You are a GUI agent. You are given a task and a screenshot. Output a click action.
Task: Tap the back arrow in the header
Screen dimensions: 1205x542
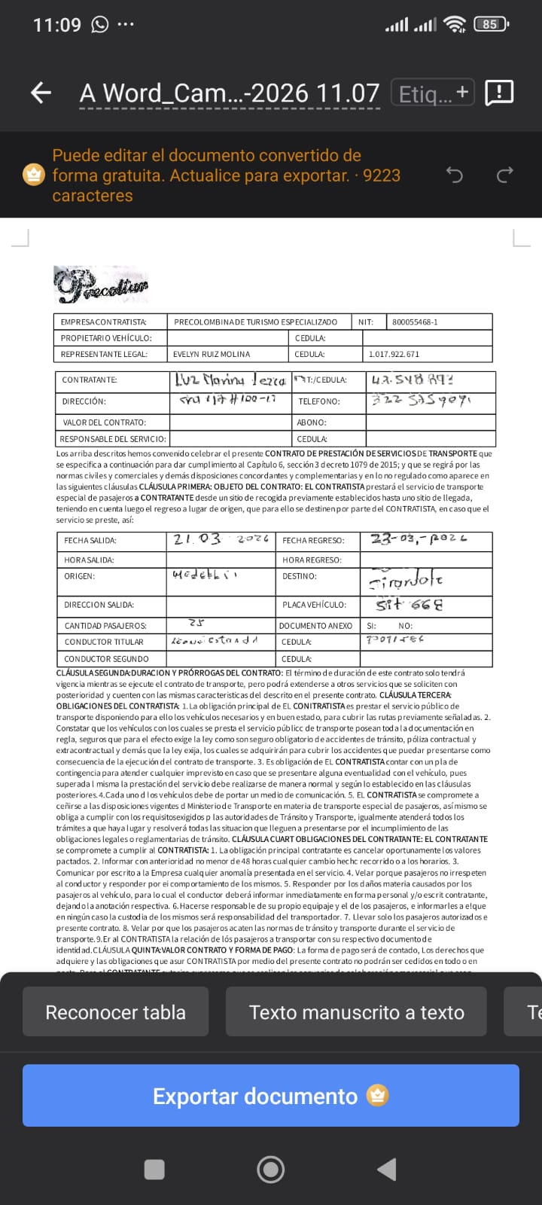[x=41, y=93]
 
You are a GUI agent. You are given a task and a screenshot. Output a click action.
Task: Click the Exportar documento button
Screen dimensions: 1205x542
[x=271, y=1096]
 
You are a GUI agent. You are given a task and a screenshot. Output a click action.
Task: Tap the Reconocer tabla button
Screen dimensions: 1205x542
[x=115, y=1012]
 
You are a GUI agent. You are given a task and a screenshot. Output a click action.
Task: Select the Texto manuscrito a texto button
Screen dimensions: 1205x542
[x=356, y=1012]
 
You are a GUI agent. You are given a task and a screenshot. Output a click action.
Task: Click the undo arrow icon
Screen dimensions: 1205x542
[x=455, y=175]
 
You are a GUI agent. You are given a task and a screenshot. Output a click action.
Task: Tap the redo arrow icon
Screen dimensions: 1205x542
[x=504, y=175]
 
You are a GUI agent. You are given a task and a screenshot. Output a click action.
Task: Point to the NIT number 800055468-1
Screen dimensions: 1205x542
[x=415, y=322]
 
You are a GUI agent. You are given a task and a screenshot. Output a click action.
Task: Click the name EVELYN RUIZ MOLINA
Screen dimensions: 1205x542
[x=212, y=354]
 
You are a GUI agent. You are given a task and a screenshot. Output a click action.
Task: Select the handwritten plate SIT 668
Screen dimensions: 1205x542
[x=410, y=604]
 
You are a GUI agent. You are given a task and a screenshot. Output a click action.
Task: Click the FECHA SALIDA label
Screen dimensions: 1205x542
[x=90, y=541]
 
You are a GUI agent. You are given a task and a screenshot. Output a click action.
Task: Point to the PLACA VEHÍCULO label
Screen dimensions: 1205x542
[x=315, y=605]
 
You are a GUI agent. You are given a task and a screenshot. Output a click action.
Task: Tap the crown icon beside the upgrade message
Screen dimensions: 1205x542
[x=33, y=175]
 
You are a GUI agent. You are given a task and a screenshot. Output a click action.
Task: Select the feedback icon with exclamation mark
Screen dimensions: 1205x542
[x=500, y=93]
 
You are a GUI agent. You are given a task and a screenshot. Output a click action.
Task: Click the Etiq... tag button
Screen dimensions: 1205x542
[x=432, y=93]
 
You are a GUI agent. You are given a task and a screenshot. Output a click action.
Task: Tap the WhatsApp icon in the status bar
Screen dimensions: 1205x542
[x=100, y=25]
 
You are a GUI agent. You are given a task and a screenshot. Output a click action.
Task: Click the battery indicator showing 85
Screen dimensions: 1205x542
[x=491, y=24]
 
